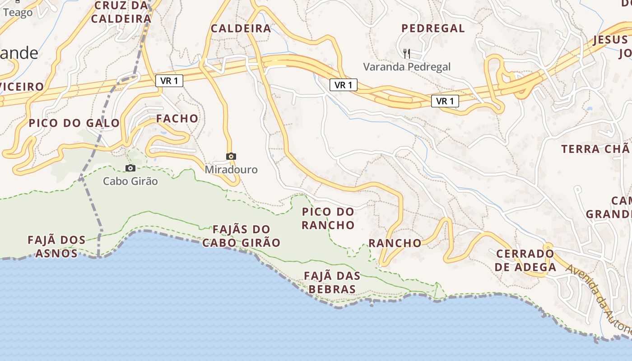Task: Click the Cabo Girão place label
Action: [130, 181]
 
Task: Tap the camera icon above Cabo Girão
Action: [130, 168]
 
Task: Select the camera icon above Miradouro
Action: [231, 157]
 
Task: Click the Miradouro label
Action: [231, 170]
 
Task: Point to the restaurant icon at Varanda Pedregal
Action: [407, 54]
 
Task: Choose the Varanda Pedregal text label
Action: [407, 67]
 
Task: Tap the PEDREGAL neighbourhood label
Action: [433, 28]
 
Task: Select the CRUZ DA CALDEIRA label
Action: [121, 12]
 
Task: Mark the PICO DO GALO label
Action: [74, 123]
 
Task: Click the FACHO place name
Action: [177, 119]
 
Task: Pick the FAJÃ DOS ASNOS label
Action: [56, 246]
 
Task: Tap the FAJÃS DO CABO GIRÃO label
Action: [241, 236]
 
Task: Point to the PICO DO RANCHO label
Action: [328, 218]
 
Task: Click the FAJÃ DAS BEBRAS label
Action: [332, 282]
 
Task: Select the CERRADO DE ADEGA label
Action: [525, 260]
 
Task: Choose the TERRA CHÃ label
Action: [595, 149]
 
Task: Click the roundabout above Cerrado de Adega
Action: [548, 246]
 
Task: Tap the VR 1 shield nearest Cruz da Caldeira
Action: [169, 81]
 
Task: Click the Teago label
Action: [18, 13]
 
